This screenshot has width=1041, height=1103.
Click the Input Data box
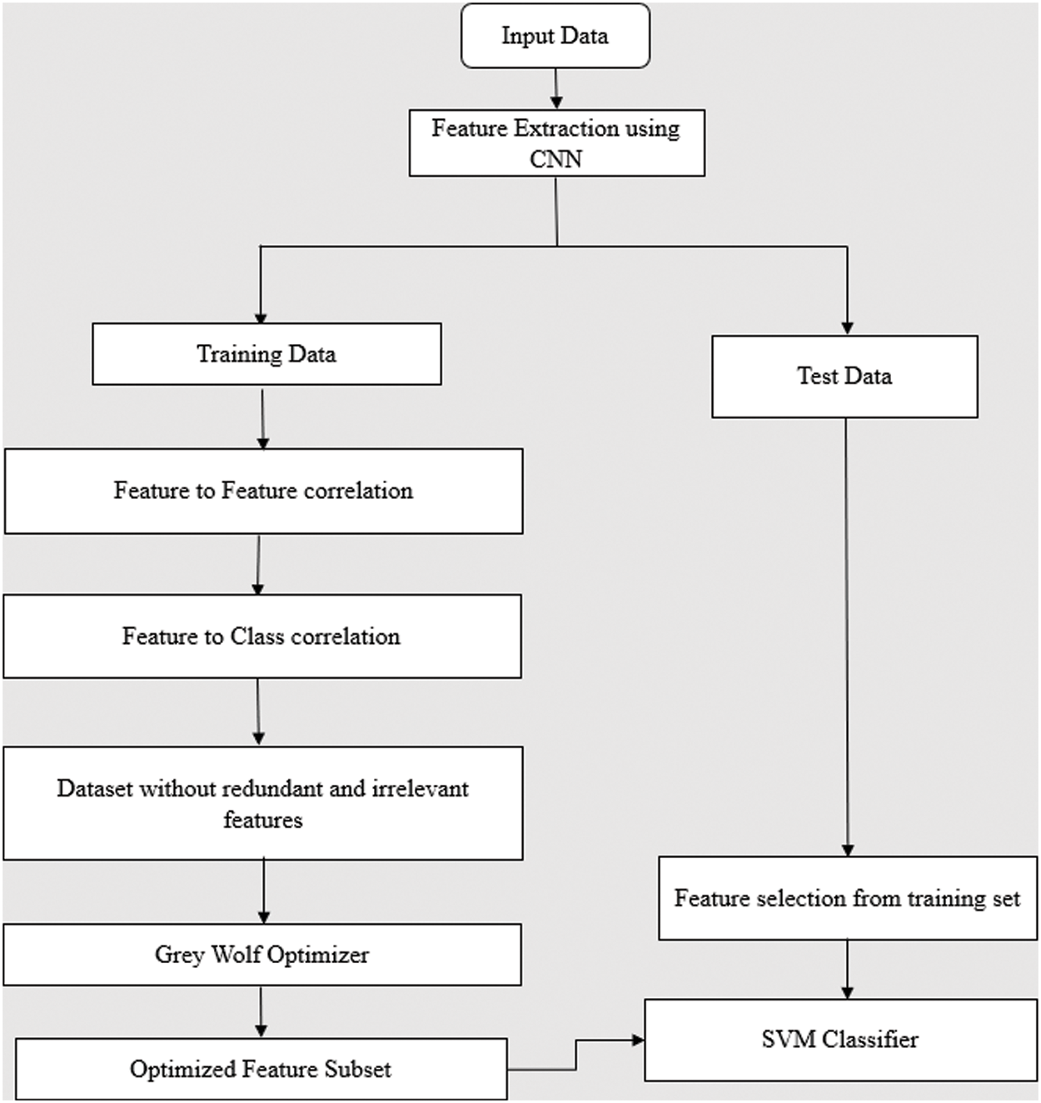[x=555, y=36]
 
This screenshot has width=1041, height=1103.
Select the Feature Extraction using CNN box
[x=556, y=142]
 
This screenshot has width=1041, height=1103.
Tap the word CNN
[x=555, y=158]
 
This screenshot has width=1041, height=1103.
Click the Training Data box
[x=266, y=354]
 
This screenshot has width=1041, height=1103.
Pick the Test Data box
[x=844, y=377]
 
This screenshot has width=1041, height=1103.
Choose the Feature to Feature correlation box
[x=263, y=491]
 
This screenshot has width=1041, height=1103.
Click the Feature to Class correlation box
[x=261, y=636]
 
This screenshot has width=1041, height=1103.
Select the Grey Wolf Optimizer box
[x=261, y=955]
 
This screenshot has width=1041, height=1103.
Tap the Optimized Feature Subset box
[x=261, y=1069]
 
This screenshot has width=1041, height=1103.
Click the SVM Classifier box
[x=840, y=1040]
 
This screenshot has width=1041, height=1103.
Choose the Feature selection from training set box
[x=847, y=898]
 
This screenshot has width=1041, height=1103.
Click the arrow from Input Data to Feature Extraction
[x=556, y=88]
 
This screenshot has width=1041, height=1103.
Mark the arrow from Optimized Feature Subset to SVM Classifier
[x=575, y=1054]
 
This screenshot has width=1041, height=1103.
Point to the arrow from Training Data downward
[x=263, y=417]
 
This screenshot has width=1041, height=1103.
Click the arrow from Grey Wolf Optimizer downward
[x=261, y=1011]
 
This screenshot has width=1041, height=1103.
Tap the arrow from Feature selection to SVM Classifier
[x=847, y=970]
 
